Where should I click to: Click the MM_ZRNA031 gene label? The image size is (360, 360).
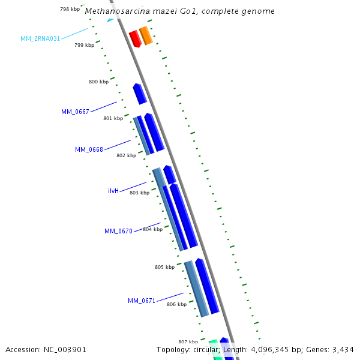point(40,38)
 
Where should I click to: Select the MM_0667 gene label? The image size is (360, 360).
point(75,112)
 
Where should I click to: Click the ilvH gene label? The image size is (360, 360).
point(113,191)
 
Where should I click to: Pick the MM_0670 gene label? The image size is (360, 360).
point(118,231)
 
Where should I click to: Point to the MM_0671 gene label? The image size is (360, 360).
point(142,301)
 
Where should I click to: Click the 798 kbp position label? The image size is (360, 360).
point(70,9)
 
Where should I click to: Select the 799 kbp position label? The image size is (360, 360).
point(84,45)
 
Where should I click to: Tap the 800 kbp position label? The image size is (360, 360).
point(98,82)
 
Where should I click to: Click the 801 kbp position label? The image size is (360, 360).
point(113,118)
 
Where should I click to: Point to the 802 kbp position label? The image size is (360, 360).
point(126,155)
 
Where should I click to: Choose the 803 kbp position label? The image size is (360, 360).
point(139,193)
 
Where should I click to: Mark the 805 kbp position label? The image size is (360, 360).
point(164,267)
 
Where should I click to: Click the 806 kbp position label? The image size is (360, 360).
point(176,304)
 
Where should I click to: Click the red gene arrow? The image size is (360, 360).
point(135,39)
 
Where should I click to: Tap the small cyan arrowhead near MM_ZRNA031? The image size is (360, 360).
point(110,20)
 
